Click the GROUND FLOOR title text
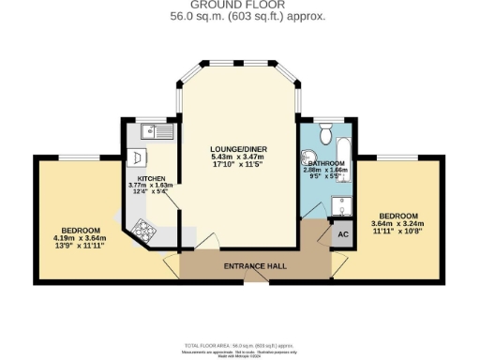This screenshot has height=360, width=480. click(240, 6)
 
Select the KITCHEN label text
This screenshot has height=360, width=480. click(152, 178)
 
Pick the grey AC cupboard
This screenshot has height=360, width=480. click(342, 234)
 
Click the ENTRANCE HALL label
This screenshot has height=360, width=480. click(255, 266)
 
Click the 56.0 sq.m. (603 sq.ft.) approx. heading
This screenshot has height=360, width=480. click(240, 17)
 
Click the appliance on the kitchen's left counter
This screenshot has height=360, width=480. click(136, 157)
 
